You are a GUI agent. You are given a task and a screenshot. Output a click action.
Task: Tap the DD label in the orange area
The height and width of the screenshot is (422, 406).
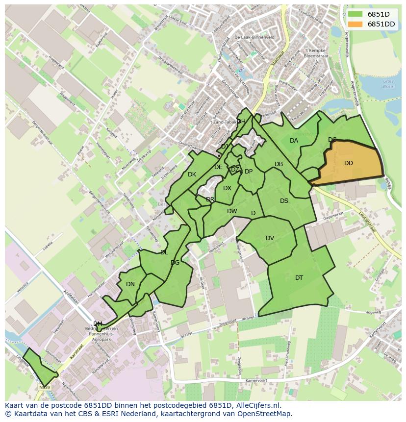(x=349, y=163)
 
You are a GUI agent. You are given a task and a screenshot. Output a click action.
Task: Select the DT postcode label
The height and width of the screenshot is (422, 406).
(x=299, y=278)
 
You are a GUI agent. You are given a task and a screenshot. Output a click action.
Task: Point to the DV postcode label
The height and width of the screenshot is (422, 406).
(x=270, y=238)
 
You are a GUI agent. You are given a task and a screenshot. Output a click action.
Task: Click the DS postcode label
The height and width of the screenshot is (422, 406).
(x=284, y=201)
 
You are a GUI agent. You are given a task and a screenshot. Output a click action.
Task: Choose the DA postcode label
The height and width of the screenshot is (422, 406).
(x=294, y=141)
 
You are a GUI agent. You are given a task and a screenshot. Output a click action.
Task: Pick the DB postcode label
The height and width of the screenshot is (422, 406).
(x=279, y=164)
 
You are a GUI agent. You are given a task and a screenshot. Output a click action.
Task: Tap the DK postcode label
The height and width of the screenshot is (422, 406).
(x=192, y=174)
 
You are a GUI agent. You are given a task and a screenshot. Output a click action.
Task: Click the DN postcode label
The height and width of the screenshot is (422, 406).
(x=130, y=284)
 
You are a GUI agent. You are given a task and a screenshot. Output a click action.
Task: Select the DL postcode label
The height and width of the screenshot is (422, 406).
(x=164, y=252)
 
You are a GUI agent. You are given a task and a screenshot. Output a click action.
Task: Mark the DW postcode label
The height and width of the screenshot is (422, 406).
(x=232, y=211)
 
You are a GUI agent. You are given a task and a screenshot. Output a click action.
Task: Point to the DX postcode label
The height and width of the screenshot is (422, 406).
(x=227, y=188)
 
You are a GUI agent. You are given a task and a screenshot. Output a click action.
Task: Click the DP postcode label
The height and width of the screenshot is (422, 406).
(x=249, y=172)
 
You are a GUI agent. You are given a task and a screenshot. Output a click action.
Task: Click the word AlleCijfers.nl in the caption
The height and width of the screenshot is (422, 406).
(x=256, y=405)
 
